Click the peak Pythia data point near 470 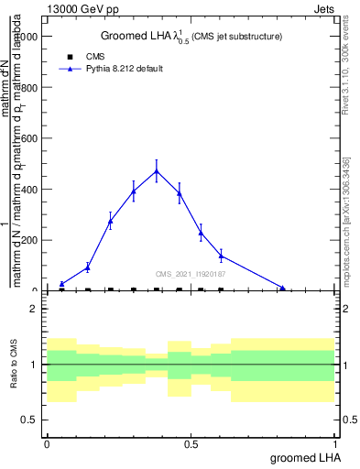pyautogui.click(x=157, y=171)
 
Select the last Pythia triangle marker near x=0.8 pyautogui.click(x=282, y=289)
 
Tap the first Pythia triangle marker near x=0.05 pyautogui.click(x=61, y=284)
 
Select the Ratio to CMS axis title pyautogui.click(x=14, y=365)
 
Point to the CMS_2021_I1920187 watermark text pyautogui.click(x=191, y=273)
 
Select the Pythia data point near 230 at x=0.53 pyautogui.click(x=201, y=233)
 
